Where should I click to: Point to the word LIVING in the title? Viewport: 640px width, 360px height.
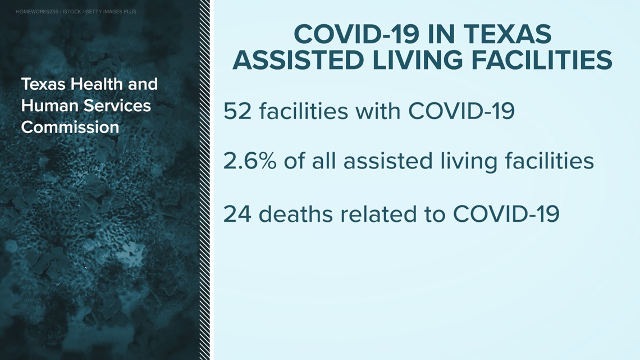click(x=418, y=61)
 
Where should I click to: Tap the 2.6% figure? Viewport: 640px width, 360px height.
click(x=250, y=161)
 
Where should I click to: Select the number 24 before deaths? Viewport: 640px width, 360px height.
click(x=237, y=214)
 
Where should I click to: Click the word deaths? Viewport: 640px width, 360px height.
click(x=295, y=214)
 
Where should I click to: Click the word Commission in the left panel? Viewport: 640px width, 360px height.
click(x=70, y=127)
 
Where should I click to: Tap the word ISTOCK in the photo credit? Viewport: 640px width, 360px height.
click(x=72, y=12)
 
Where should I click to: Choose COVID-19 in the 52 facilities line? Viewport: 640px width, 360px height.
click(x=461, y=111)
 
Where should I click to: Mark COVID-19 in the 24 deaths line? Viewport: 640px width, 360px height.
click(x=506, y=214)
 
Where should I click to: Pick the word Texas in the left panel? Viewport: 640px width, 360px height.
click(x=43, y=84)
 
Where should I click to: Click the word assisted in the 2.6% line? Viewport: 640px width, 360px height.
click(x=388, y=161)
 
